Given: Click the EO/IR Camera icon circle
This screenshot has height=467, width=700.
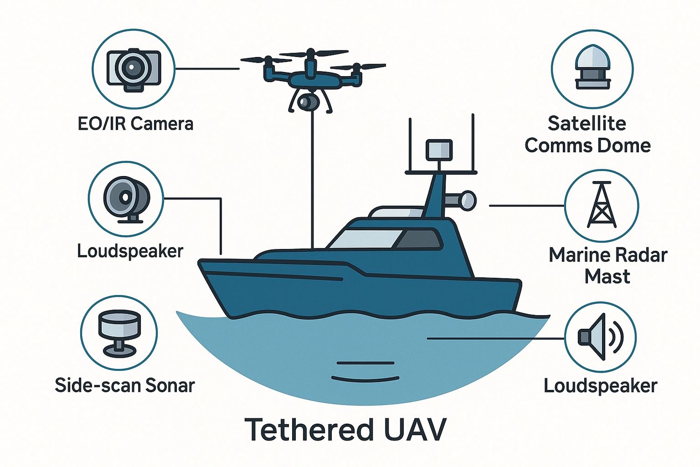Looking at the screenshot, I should coord(133,70).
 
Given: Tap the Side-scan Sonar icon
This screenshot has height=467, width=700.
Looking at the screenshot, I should coord(119,333).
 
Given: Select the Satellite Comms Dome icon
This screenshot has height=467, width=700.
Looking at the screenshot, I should coord(592,69).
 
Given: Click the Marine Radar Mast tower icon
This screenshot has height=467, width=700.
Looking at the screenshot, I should coord(601,205).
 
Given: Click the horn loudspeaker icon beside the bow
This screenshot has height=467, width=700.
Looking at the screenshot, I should coord(126,199).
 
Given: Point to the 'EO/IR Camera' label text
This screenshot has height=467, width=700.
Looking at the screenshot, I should coord(135,124).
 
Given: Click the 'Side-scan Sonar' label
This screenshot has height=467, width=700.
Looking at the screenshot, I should coord(125,385).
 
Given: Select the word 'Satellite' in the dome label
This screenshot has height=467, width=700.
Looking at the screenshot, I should coord(587,124).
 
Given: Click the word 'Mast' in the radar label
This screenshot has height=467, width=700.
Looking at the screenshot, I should coord(607,276).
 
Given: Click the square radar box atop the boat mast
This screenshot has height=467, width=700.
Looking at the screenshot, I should coord(439,149).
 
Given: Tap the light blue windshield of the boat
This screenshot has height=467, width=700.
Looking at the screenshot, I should coord(362,239).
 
